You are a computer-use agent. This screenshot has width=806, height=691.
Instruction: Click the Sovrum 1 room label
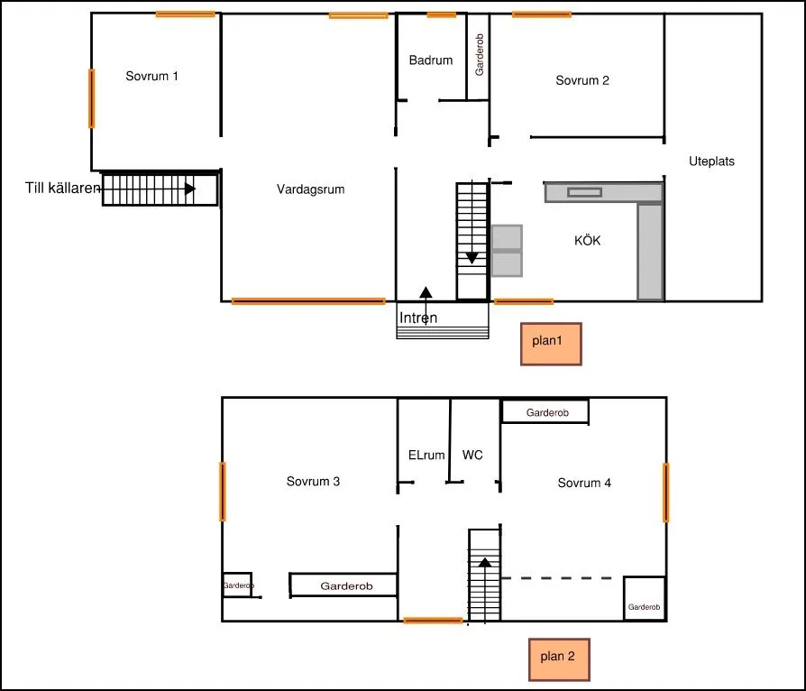click(151, 77)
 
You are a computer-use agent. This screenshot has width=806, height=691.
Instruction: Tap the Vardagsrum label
click(310, 189)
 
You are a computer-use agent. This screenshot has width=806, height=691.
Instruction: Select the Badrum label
click(430, 61)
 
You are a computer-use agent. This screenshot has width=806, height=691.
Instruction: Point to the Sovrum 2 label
click(582, 80)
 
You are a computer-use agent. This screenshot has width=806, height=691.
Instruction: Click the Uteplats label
click(711, 162)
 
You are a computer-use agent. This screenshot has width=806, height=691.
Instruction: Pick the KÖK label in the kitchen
click(587, 241)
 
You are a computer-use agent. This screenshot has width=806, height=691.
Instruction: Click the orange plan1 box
click(551, 344)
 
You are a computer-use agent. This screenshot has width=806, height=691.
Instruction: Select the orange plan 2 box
click(558, 657)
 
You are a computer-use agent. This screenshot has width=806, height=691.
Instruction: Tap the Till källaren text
click(62, 189)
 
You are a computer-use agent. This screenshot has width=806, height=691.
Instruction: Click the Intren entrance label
click(417, 318)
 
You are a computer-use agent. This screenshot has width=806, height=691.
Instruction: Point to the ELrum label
click(426, 456)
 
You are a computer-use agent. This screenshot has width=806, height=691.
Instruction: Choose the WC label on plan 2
click(472, 456)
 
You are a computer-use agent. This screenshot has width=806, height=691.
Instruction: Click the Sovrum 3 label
click(313, 482)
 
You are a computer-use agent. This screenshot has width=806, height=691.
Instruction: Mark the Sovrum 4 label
click(584, 483)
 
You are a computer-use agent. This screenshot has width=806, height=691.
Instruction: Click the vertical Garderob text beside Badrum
click(480, 56)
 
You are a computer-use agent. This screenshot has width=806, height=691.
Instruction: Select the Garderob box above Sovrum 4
click(545, 412)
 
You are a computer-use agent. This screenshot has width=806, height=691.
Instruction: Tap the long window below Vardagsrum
click(308, 300)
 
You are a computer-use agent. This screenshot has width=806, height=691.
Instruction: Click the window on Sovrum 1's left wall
click(91, 98)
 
